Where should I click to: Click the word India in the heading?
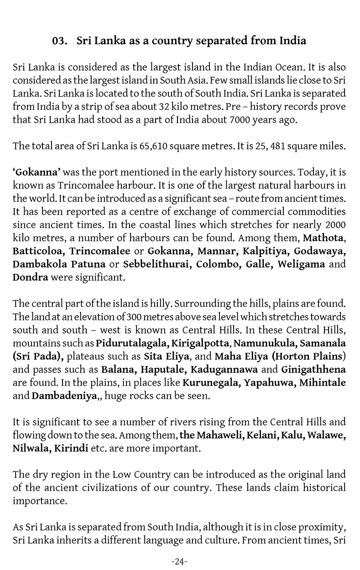pos(292,41)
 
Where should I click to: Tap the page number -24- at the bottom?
pos(180,561)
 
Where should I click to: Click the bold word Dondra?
pos(30,277)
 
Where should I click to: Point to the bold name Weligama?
pos(302,264)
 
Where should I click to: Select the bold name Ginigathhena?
pos(313,369)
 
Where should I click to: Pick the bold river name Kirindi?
pos(72,448)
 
